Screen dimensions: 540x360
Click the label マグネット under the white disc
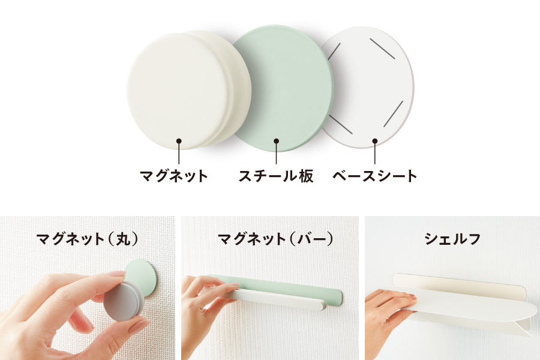174,176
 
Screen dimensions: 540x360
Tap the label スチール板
276,176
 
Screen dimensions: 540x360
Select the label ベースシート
374,176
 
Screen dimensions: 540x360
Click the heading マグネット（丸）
88,239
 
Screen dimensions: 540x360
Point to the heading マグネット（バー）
275,239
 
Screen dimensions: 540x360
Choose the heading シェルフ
452,239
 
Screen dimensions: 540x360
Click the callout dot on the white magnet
179,141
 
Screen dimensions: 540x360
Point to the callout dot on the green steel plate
276,141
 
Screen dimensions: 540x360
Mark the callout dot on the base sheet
374,141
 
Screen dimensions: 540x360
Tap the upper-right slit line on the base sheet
382,49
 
